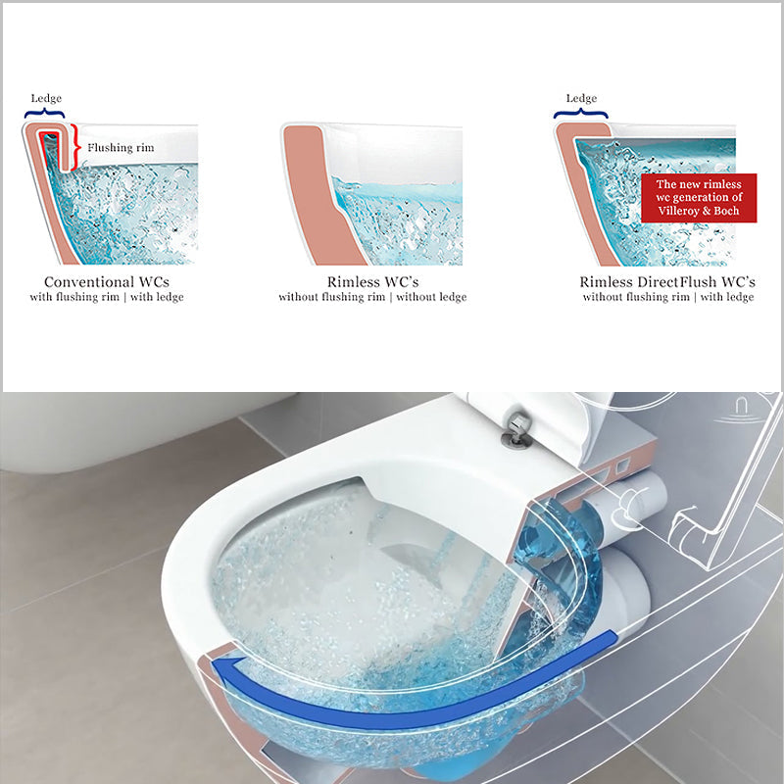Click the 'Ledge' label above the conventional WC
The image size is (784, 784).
[46, 98]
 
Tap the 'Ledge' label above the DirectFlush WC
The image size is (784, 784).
[581, 98]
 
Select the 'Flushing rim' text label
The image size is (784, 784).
[121, 148]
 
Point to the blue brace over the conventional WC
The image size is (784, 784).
[46, 114]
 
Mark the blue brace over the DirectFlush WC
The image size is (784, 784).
[581, 114]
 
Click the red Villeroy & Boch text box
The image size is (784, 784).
[699, 198]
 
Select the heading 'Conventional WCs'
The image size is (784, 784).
[114, 281]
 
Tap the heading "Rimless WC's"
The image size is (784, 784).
[372, 281]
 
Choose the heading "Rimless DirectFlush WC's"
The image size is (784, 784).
[667, 281]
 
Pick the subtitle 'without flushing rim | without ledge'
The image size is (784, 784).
[372, 297]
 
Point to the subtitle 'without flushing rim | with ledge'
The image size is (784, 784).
[667, 297]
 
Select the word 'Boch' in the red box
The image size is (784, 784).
[725, 210]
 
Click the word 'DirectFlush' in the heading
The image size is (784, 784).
[683, 281]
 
